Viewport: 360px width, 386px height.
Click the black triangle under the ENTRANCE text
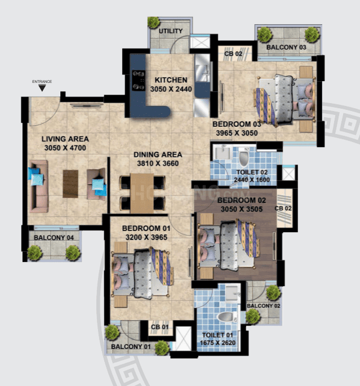coord(42,88)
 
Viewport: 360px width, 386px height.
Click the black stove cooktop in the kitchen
coord(137,80)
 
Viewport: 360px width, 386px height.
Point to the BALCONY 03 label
coord(286,47)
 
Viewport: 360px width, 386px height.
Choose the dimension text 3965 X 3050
coord(237,133)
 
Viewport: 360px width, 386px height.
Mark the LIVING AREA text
coord(65,139)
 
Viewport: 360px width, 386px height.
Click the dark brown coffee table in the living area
coord(70,184)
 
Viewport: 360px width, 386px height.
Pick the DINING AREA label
coord(157,154)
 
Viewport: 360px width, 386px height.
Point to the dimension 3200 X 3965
coord(148,238)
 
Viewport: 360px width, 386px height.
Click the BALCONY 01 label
coord(131,346)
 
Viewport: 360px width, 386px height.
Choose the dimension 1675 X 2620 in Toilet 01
coord(220,343)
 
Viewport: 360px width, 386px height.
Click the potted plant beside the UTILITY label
coord(153,23)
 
